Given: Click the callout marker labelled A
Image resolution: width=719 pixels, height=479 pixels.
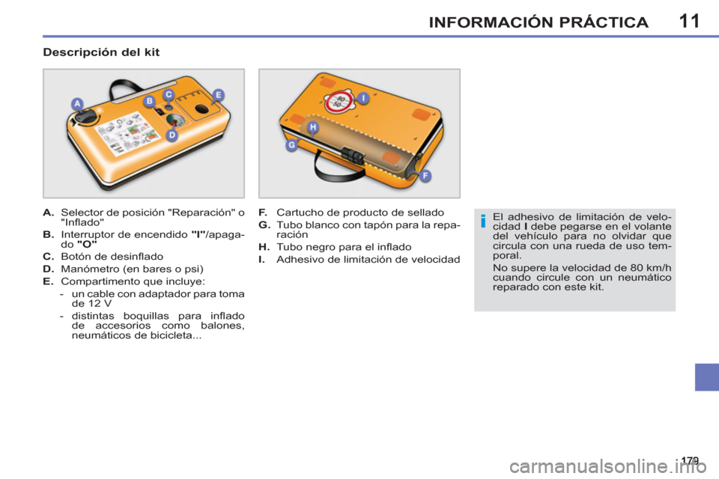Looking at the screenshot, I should [x=76, y=103].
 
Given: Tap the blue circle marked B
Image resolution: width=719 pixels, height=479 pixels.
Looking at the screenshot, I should [x=149, y=100].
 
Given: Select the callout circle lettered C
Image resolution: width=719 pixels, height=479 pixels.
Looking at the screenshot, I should [x=169, y=94].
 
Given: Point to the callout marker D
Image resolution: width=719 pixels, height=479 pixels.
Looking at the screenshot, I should [x=172, y=135].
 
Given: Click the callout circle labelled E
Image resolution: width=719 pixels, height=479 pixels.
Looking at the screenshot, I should [x=218, y=94].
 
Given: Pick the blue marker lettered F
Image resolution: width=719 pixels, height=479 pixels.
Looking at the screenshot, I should [x=425, y=175].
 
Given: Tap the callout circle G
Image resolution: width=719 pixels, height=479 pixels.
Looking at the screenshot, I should [x=291, y=145].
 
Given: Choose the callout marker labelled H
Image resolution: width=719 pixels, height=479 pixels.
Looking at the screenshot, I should [x=313, y=128].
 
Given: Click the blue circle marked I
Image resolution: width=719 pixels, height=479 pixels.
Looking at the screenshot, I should [x=362, y=97].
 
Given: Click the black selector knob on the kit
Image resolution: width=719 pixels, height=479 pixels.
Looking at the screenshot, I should [x=88, y=118].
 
